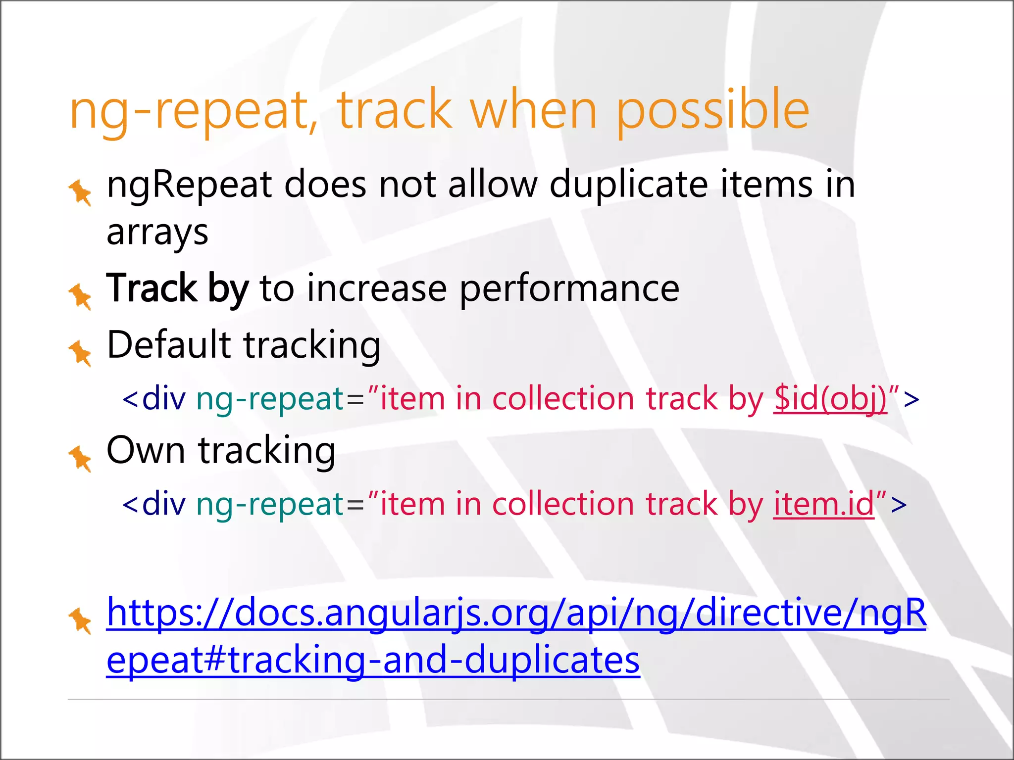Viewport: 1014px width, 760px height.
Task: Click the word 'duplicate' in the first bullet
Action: (629, 185)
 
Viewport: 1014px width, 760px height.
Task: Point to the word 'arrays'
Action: (157, 233)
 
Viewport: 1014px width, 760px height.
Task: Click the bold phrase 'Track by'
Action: (177, 288)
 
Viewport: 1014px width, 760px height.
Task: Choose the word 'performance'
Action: (569, 288)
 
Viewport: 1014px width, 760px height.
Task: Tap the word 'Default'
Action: (169, 344)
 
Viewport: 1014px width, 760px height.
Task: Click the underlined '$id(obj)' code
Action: (830, 399)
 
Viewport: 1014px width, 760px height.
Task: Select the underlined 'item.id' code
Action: (824, 504)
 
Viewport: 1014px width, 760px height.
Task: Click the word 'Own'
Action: (146, 450)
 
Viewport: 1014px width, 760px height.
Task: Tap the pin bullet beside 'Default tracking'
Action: (80, 352)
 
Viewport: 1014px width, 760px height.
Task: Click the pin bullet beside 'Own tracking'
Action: (80, 458)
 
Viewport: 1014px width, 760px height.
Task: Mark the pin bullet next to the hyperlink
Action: (80, 620)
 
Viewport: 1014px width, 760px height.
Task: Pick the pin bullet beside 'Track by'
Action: (80, 296)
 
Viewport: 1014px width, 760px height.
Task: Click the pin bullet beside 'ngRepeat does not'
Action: (80, 192)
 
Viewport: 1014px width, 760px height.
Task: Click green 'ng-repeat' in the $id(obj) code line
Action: (270, 399)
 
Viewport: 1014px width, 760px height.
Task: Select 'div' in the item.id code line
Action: (164, 504)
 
